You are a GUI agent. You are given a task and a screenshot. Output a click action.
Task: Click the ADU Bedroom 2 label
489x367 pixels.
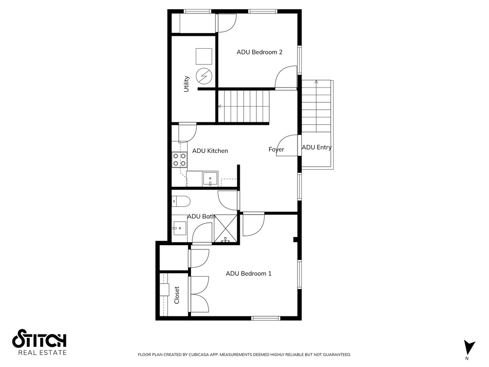pyautogui.click(x=259, y=52)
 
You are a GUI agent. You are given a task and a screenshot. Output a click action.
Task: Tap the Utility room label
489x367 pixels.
pyautogui.click(x=187, y=84)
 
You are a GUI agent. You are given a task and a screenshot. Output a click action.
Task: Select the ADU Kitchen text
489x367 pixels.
pyautogui.click(x=210, y=151)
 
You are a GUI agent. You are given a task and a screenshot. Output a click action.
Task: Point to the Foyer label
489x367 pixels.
pyautogui.click(x=276, y=150)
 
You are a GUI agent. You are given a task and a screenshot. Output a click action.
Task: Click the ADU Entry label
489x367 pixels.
pyautogui.click(x=316, y=148)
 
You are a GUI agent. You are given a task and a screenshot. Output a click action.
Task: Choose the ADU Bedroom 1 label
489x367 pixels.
pyautogui.click(x=248, y=274)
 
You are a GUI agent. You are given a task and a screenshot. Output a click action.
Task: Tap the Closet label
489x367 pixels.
pyautogui.click(x=177, y=295)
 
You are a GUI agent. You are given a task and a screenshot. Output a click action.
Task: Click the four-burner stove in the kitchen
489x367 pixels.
pyautogui.click(x=179, y=160)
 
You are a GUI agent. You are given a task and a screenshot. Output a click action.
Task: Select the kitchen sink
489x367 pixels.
pyautogui.click(x=210, y=179)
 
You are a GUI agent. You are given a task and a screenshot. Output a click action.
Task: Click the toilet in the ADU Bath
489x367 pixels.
pyautogui.click(x=181, y=201)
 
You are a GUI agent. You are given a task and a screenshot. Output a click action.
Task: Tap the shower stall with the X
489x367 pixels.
pyautogui.click(x=225, y=228)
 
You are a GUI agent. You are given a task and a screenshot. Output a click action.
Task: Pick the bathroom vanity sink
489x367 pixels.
pyautogui.click(x=180, y=228)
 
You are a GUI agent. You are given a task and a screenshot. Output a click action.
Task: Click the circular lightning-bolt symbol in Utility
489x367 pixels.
pyautogui.click(x=204, y=76)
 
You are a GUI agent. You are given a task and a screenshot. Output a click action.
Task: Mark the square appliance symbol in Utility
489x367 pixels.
pyautogui.click(x=204, y=56)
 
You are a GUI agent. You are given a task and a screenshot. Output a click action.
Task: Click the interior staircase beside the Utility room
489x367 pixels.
pyautogui.click(x=244, y=106)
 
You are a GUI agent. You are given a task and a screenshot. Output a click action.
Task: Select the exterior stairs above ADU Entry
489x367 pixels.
pyautogui.click(x=316, y=108)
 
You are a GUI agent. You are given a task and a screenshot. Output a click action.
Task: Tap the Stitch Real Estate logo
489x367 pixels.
pyautogui.click(x=39, y=342)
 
